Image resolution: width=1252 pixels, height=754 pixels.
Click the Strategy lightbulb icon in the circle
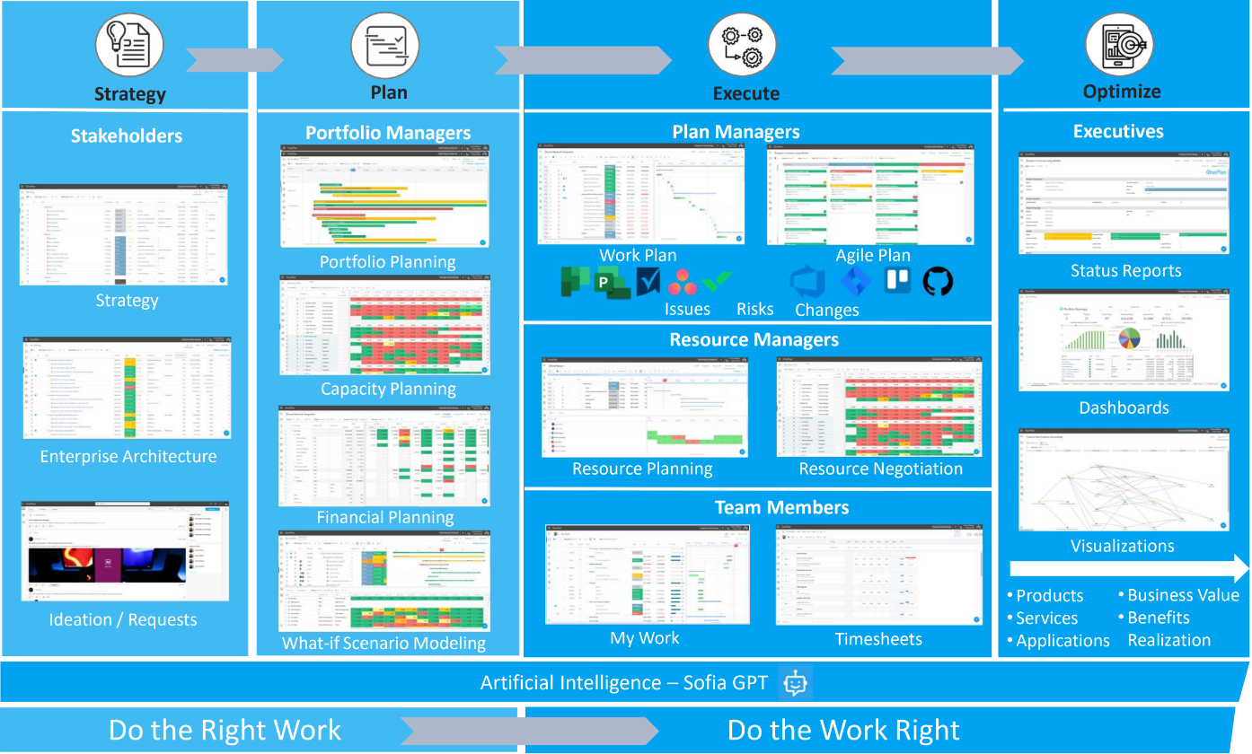click(129, 46)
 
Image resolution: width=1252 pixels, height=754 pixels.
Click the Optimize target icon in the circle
click(1119, 45)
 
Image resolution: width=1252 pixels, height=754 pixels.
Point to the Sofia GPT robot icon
click(795, 683)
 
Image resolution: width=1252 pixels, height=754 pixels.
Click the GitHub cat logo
click(938, 281)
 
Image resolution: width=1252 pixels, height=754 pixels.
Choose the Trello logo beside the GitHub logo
click(896, 281)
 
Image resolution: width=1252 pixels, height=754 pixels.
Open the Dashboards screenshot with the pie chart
click(1123, 340)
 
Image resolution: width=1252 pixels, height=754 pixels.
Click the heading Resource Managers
click(754, 340)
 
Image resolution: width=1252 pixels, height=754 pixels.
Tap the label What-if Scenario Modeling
click(384, 644)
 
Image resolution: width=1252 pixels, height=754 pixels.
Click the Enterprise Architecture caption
click(128, 457)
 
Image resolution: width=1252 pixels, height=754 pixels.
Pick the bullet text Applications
click(1062, 641)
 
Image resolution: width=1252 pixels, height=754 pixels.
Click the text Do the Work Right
click(843, 730)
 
